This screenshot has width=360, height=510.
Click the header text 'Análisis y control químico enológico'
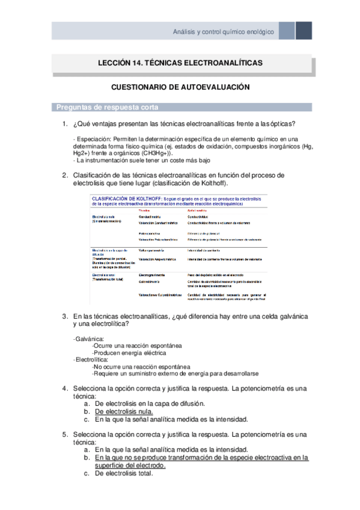pos(223,31)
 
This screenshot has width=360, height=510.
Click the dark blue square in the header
pos(304,31)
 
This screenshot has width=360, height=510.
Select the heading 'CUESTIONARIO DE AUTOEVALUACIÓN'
pos(180,87)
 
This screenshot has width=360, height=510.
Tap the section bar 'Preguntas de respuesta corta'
pos(108,108)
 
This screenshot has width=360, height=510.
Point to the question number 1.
pos(64,124)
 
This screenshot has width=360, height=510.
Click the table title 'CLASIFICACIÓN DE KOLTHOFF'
pos(128,197)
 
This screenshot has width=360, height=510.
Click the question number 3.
pos(64,316)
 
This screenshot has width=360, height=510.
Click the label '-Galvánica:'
pos(88,339)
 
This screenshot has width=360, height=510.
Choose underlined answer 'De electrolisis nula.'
pos(124,411)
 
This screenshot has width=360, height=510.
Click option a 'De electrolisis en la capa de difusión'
pos(150,404)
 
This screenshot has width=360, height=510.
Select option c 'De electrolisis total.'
pos(124,473)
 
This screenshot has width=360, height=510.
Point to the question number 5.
pos(64,434)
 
